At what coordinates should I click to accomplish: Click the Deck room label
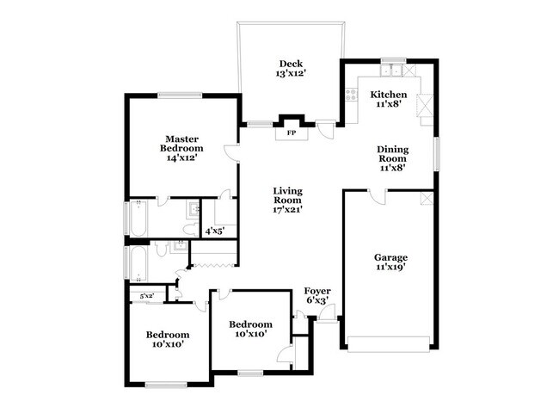[x=288, y=63]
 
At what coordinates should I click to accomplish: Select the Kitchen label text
[x=388, y=94]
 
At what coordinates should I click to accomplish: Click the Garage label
[x=390, y=257]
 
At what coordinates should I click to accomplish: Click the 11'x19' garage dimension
[x=390, y=268]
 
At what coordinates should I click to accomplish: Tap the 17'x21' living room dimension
[x=288, y=209]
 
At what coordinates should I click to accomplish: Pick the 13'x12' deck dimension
[x=288, y=74]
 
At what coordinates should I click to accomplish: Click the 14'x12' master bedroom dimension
[x=184, y=159]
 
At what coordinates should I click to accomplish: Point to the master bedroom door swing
[x=230, y=152]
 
